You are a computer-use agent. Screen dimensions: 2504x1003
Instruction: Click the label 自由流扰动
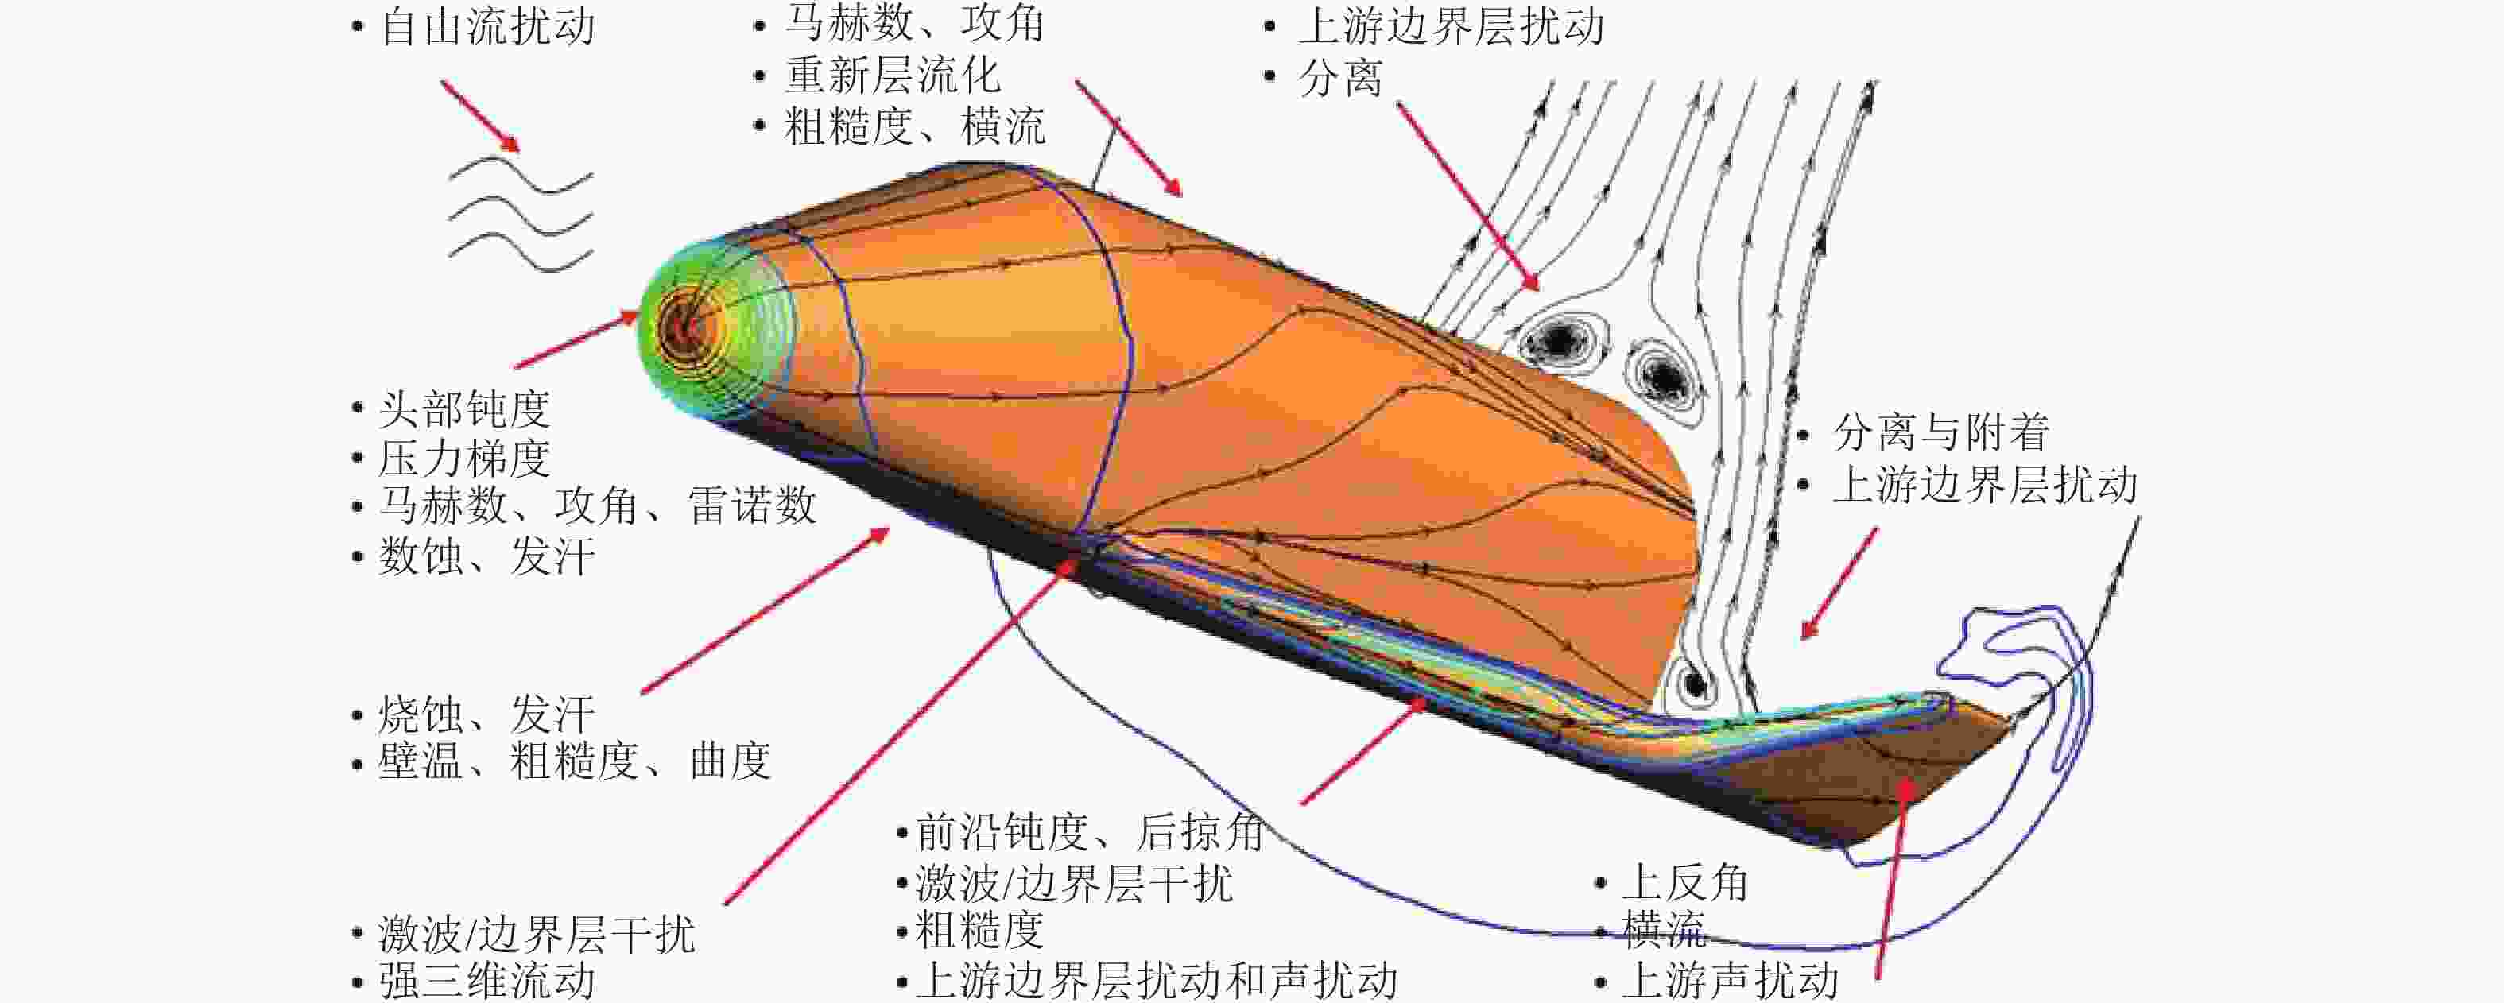click(488, 26)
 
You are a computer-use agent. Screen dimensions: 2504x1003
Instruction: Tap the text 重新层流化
click(893, 75)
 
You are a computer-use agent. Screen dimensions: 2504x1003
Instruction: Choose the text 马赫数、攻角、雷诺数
click(597, 505)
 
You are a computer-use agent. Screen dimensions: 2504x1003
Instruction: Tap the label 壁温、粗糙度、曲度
click(575, 760)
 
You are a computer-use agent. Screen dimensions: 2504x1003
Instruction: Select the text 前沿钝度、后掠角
click(1090, 832)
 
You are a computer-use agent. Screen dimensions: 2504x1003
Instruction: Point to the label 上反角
click(1684, 882)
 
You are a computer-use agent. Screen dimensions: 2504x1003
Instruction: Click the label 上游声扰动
click(1729, 980)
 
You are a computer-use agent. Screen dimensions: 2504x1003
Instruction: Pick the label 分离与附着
click(1941, 432)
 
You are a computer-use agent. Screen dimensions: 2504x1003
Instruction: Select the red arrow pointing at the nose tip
click(577, 340)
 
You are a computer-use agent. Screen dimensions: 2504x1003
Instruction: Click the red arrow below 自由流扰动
click(480, 117)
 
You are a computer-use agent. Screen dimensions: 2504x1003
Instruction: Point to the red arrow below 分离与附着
click(1838, 583)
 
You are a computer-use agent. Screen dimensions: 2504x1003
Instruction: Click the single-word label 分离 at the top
click(1340, 78)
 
